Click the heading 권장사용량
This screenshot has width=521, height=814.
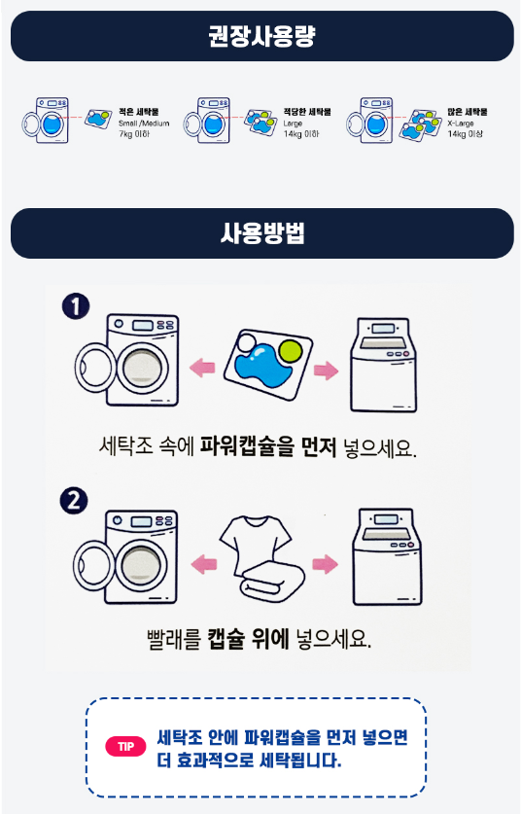click(262, 36)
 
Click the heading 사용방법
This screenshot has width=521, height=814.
click(262, 233)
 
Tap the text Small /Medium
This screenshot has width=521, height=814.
click(144, 124)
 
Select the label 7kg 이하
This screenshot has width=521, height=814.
click(134, 134)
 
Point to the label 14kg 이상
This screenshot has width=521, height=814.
click(465, 134)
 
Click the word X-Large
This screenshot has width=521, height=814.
click(461, 124)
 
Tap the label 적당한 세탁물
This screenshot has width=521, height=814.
click(307, 112)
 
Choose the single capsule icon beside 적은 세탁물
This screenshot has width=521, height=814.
click(98, 119)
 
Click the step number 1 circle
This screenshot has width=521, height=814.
click(76, 305)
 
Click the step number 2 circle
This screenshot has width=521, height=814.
click(74, 501)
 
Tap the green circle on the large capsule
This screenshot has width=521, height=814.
click(291, 350)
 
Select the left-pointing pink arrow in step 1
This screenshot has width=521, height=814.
click(202, 368)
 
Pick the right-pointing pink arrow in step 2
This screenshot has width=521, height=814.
click(326, 564)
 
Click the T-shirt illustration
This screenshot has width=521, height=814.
click(256, 540)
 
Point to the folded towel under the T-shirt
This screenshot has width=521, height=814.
click(273, 582)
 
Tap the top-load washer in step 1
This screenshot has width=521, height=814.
click(383, 365)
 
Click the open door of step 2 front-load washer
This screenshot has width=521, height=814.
click(92, 567)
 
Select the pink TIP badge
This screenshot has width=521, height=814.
click(125, 747)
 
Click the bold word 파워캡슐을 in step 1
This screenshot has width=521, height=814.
click(247, 446)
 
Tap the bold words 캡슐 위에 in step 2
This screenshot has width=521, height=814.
click(249, 638)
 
